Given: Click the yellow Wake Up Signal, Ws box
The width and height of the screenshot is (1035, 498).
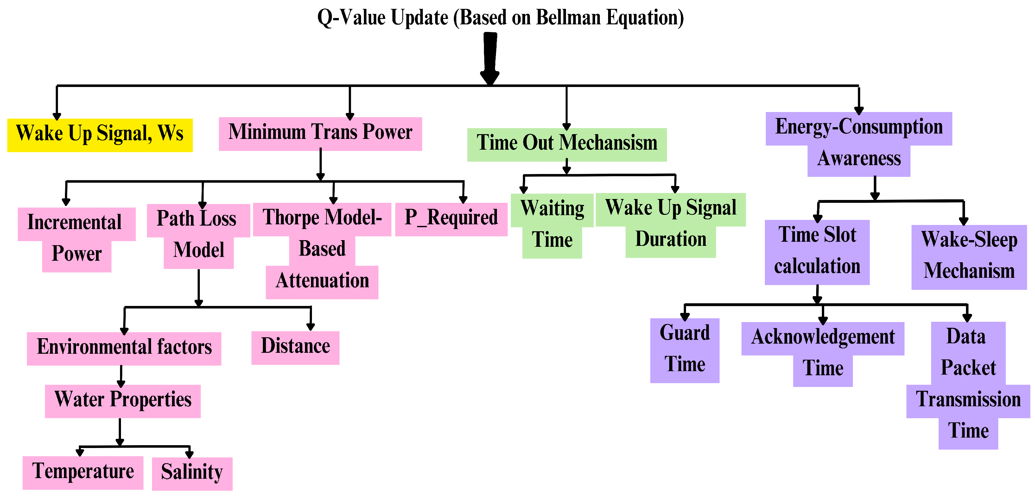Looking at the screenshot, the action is [x=100, y=135].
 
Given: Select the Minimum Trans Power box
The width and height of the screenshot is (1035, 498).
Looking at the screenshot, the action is [x=320, y=134].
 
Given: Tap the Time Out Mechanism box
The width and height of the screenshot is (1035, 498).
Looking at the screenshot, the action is [x=567, y=145].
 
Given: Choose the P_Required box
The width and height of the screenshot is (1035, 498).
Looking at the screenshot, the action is [x=451, y=219].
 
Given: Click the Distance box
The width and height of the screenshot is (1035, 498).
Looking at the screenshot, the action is [x=295, y=347].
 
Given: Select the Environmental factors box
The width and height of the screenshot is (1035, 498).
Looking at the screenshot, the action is [x=124, y=349].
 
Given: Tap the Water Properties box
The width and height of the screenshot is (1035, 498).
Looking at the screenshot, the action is [x=123, y=401].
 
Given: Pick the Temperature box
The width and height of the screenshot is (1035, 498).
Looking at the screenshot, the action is [x=83, y=473].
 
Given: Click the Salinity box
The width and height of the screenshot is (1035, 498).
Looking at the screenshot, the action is [x=192, y=474].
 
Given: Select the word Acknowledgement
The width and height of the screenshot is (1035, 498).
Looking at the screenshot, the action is [x=823, y=337].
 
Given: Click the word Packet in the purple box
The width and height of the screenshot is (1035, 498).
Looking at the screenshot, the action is [x=968, y=368].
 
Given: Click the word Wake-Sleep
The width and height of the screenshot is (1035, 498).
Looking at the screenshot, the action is [x=969, y=240].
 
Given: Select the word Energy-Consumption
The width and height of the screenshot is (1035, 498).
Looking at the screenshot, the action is [x=859, y=127].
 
